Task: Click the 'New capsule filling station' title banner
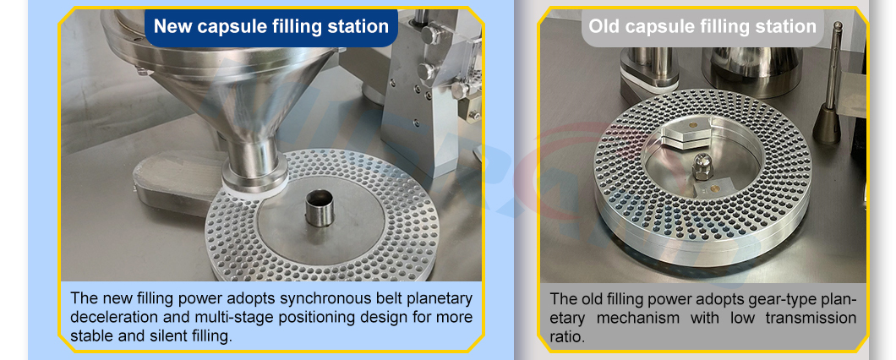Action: click(270, 27)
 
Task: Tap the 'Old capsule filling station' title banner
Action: click(702, 27)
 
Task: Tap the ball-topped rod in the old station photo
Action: click(833, 76)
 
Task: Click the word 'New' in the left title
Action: click(172, 27)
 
